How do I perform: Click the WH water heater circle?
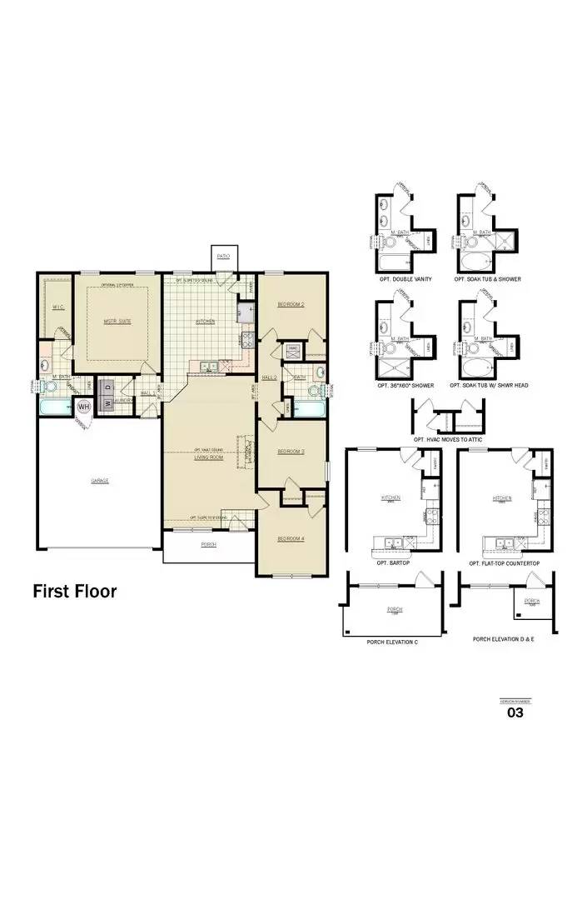tap(84, 407)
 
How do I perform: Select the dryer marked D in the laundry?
tap(107, 387)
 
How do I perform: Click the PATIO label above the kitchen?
tap(223, 256)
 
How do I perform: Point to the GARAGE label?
tap(100, 481)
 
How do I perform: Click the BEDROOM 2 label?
tap(291, 305)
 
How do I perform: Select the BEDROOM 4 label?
tap(291, 538)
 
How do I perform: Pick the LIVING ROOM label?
tap(209, 457)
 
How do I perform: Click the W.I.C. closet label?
tap(57, 307)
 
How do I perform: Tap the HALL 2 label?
tap(269, 377)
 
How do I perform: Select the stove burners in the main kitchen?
tap(247, 338)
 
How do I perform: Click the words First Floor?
tap(75, 592)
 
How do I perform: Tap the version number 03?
tap(515, 712)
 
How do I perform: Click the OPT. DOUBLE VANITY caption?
tap(405, 279)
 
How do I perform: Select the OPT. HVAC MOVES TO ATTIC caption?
tap(447, 439)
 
